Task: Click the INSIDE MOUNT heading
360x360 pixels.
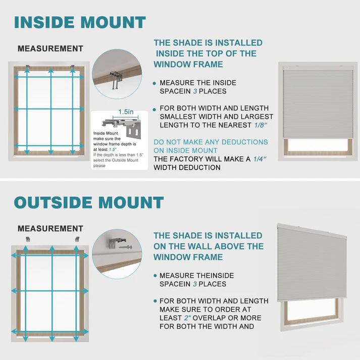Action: tap(80, 22)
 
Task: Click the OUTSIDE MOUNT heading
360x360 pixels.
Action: tap(89, 202)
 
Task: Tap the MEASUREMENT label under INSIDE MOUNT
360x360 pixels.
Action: tap(50, 49)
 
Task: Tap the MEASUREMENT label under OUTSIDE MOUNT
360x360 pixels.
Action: tap(50, 229)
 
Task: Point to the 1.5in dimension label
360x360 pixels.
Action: tap(126, 112)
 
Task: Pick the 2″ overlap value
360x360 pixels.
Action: tap(189, 318)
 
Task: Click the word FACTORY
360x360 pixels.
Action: tap(192, 159)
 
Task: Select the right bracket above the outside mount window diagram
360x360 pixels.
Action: tap(77, 238)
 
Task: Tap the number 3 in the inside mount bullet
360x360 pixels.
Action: tap(194, 91)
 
